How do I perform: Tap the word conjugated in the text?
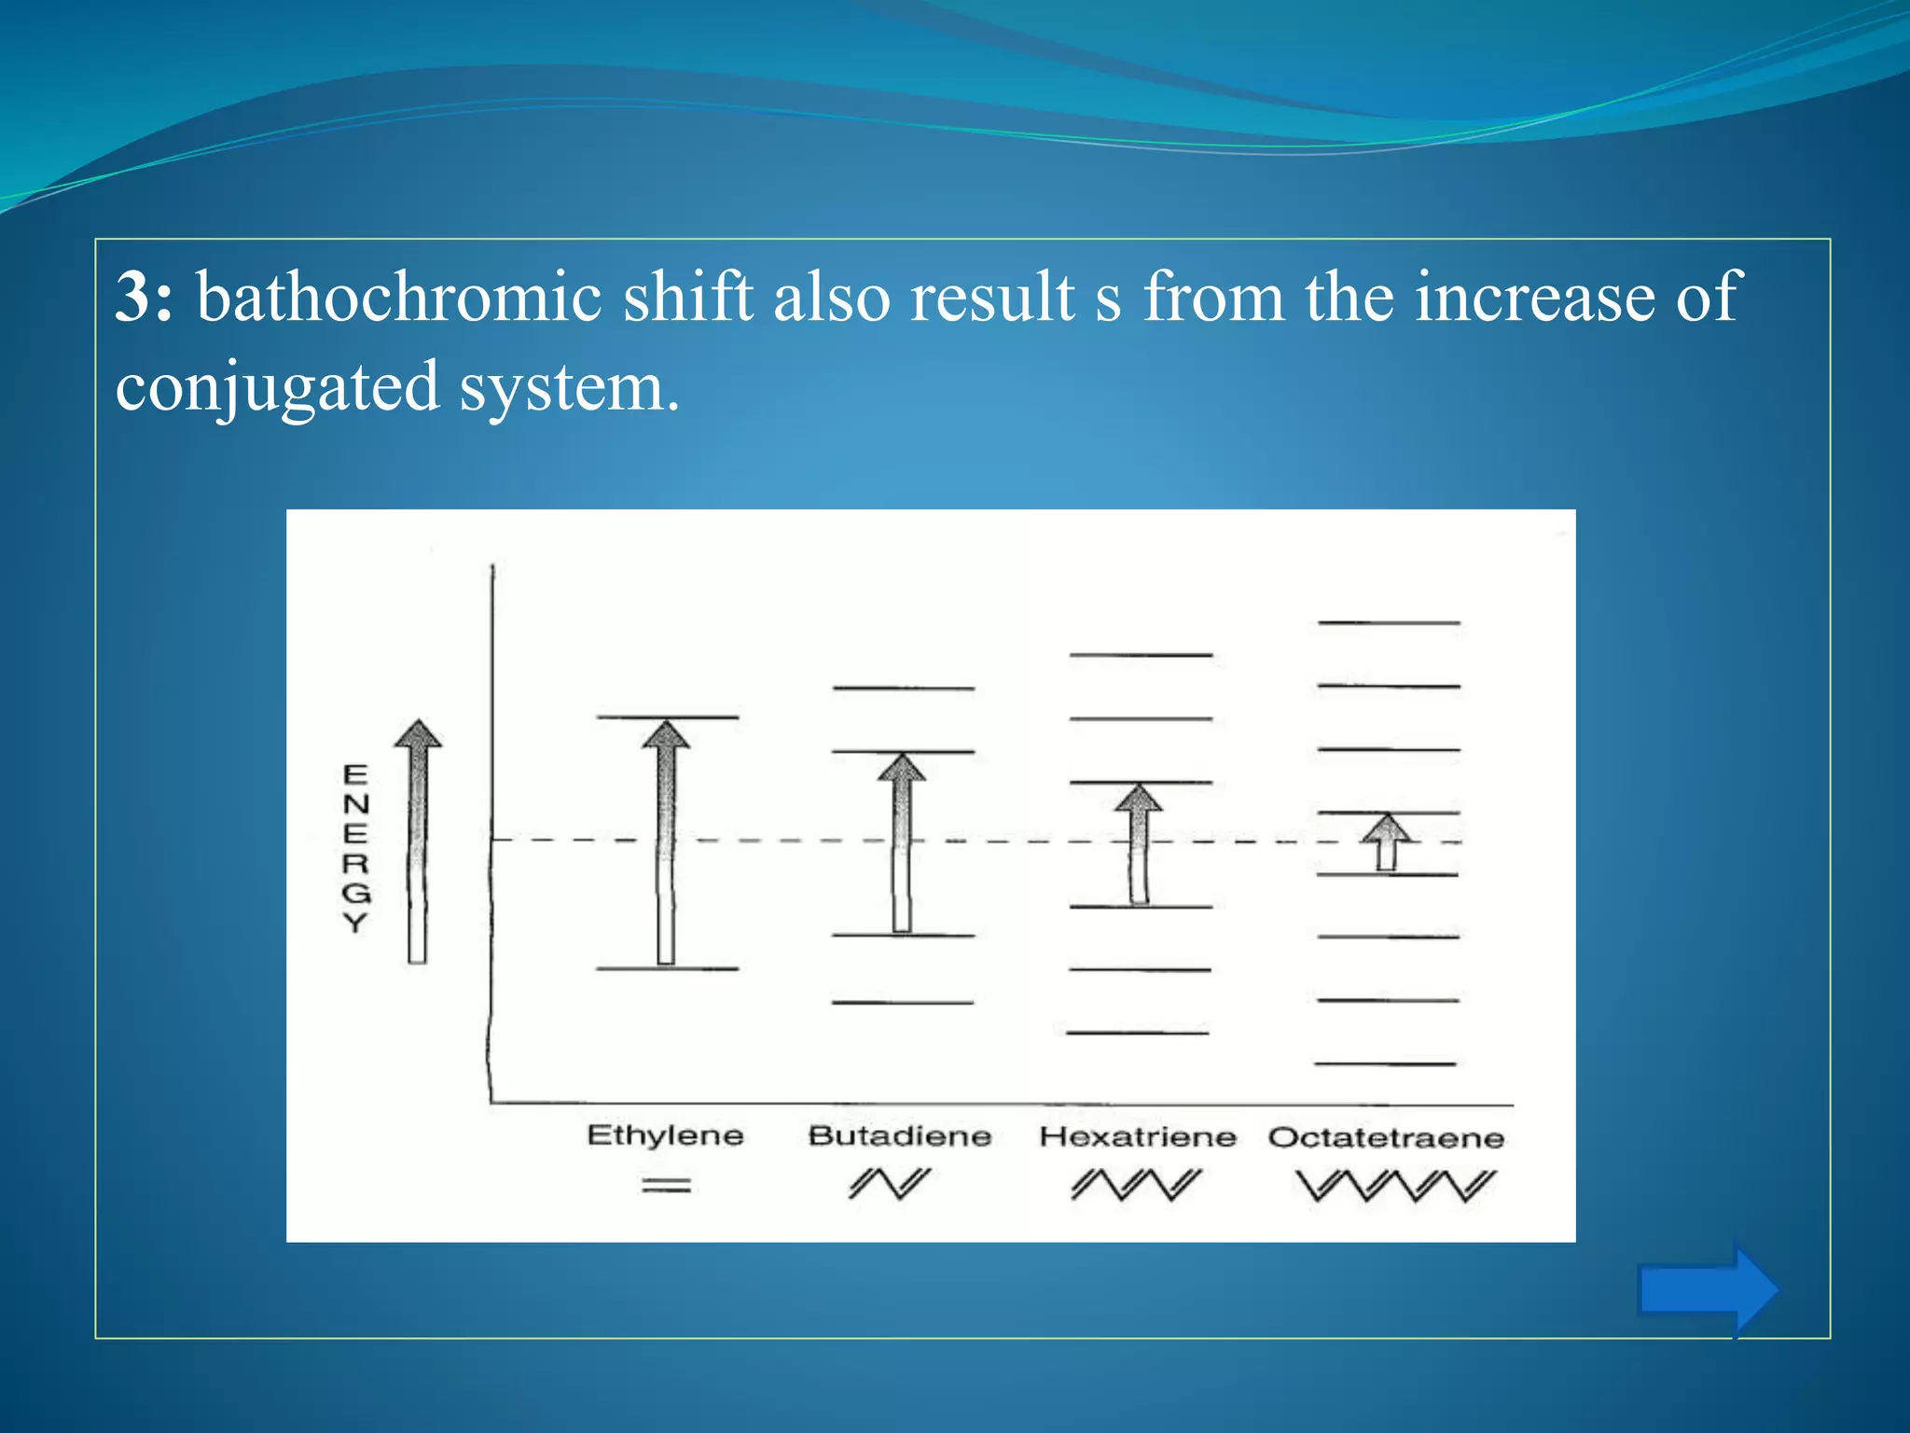coord(277,386)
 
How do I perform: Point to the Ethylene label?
coord(665,1135)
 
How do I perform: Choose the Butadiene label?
coord(899,1135)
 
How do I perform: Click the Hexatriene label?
coord(1138,1136)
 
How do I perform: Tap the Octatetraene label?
coord(1386,1137)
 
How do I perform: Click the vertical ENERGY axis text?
coord(355,848)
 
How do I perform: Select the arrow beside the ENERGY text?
coord(418,840)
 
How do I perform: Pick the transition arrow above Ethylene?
coord(666,840)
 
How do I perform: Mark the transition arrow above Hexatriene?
coord(1139,843)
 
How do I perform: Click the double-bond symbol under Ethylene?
coord(666,1186)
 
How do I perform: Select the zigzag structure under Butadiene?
coord(890,1184)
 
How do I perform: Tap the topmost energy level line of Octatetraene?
coord(1389,622)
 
